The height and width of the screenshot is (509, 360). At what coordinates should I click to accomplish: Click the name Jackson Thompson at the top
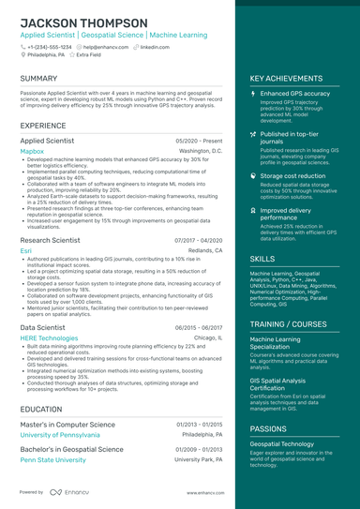tap(83, 22)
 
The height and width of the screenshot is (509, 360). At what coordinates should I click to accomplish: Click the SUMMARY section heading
tap(38, 79)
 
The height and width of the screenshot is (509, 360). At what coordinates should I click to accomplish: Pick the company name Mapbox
tap(32, 150)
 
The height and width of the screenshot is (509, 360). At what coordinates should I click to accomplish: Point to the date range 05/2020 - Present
tap(199, 140)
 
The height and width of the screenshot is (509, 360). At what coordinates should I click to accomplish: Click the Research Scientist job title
tap(50, 241)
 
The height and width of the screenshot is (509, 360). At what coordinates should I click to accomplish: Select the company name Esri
tap(25, 251)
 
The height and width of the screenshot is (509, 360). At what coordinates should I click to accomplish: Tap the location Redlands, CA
tap(205, 251)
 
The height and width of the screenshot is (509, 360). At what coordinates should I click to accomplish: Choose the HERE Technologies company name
tap(49, 337)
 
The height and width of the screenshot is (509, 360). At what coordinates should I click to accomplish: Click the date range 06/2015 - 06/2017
tap(199, 327)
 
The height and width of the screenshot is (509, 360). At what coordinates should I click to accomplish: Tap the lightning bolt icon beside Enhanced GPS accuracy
tap(253, 94)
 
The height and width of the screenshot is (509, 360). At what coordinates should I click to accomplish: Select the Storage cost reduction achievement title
tap(293, 175)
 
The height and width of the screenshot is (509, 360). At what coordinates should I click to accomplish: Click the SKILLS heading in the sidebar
tap(262, 258)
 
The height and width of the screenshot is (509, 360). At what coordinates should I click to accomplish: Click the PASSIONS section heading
tap(269, 428)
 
